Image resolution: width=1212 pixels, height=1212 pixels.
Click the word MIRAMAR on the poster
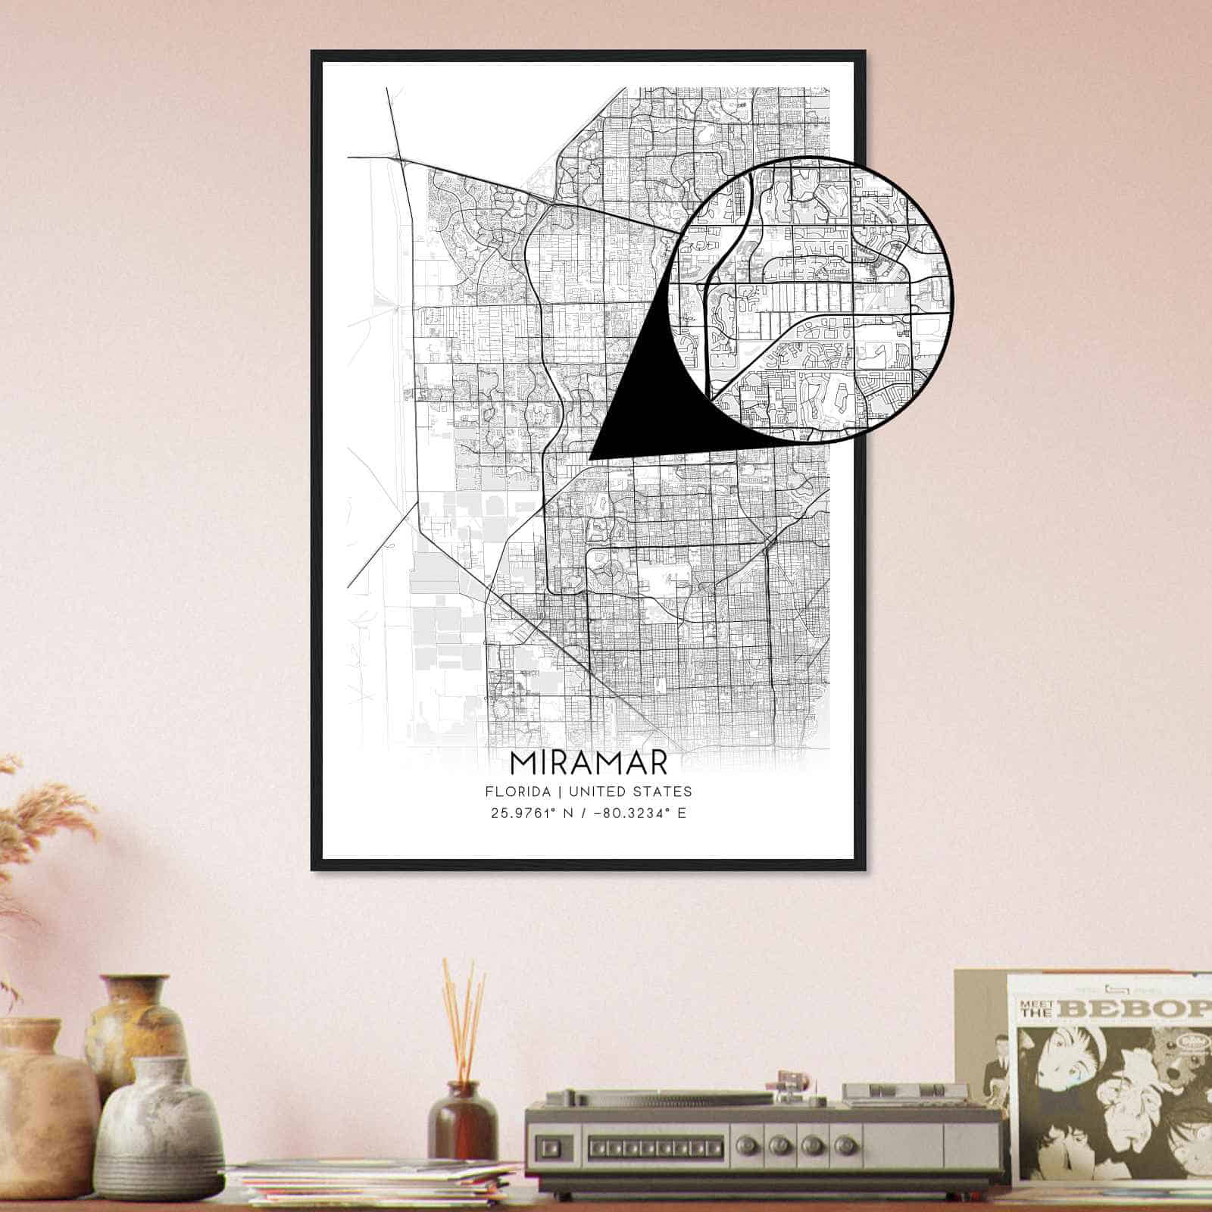coord(589,763)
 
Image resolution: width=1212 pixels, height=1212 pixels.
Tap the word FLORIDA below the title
coord(517,792)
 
